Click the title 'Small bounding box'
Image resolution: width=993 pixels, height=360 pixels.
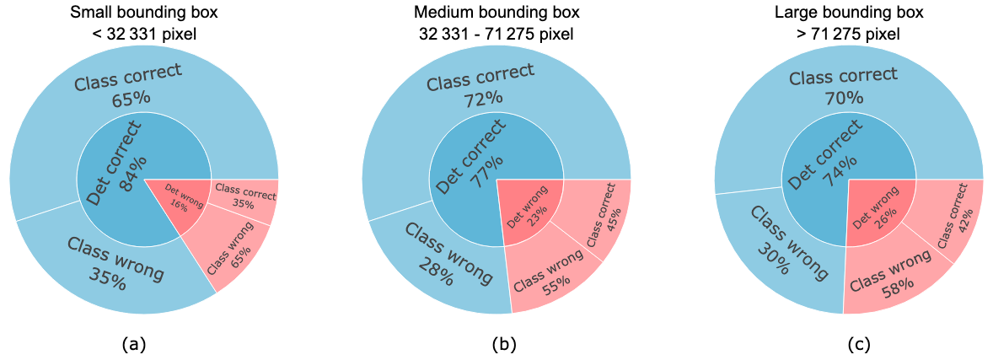(143, 13)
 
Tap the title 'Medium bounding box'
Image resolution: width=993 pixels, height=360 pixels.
(496, 13)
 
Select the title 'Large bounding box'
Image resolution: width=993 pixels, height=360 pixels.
(849, 13)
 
